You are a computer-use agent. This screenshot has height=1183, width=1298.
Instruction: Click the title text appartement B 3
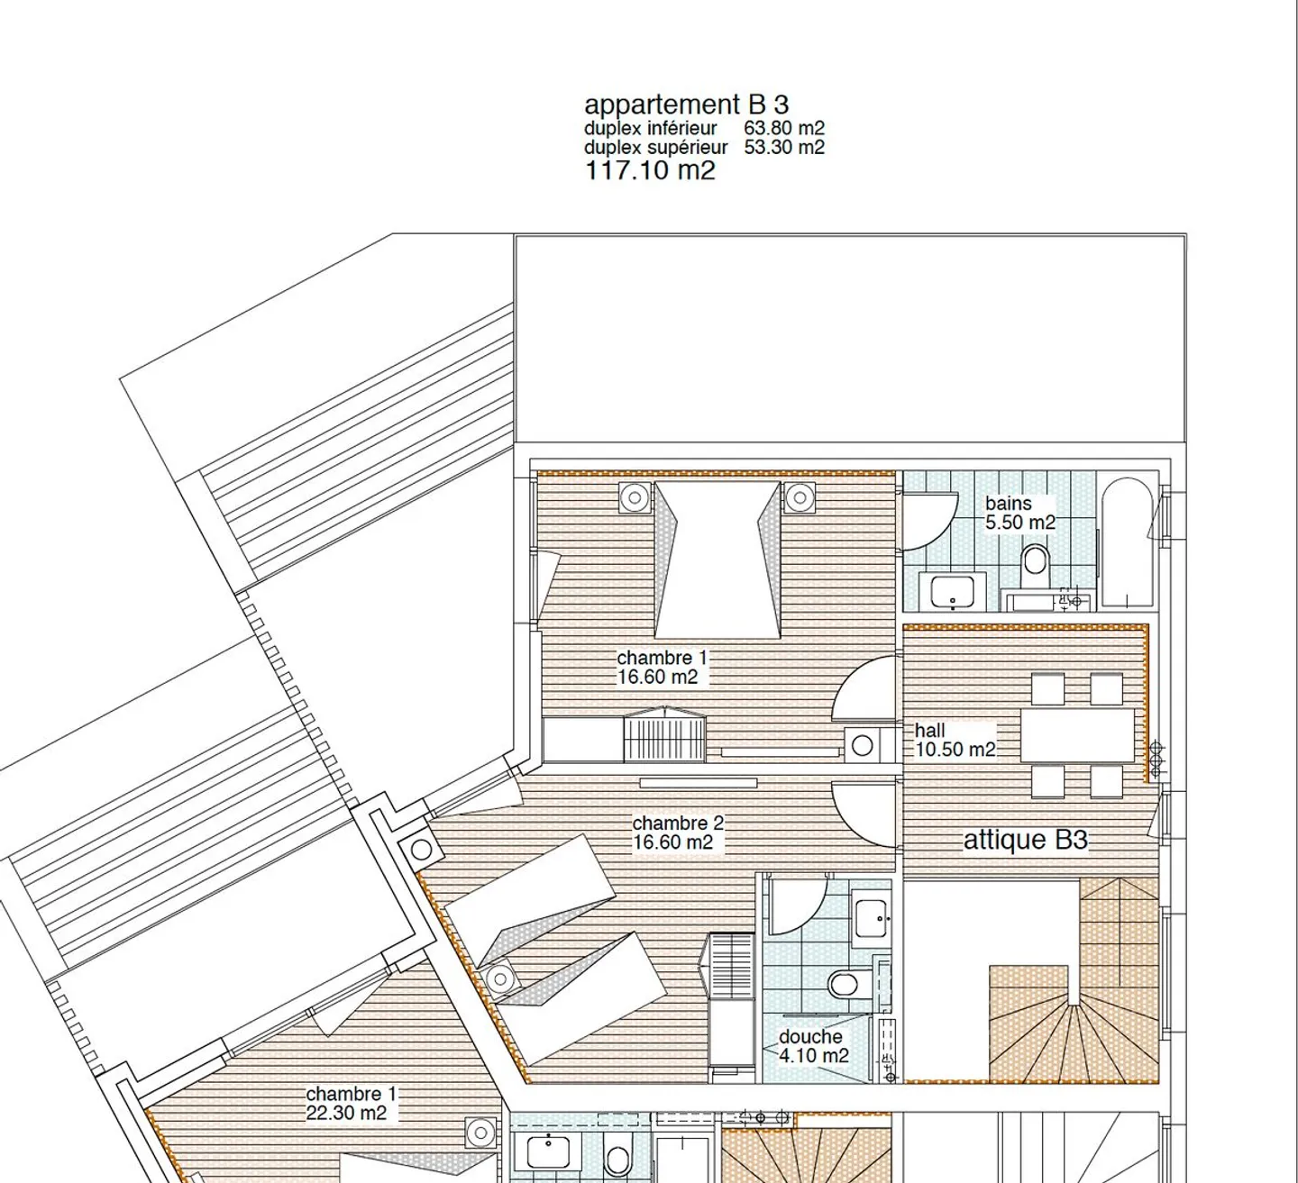(x=686, y=105)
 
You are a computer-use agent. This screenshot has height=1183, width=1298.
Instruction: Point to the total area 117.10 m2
(x=650, y=170)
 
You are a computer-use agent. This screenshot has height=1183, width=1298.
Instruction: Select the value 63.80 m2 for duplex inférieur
(x=783, y=129)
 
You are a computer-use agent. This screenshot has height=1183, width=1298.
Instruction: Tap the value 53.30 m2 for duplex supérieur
(x=783, y=148)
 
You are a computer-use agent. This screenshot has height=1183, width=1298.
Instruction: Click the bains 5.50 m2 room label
(x=1019, y=514)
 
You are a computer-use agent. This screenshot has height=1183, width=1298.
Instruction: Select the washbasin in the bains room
(x=952, y=593)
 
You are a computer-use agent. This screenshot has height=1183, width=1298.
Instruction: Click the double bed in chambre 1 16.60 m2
(x=717, y=559)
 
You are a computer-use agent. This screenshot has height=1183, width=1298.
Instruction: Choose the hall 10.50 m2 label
(x=954, y=740)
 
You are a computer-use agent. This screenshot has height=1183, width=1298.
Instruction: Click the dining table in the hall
(x=1077, y=735)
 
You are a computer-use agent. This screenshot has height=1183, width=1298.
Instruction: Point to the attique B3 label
(x=1025, y=841)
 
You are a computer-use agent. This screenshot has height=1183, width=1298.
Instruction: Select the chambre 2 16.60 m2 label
(x=676, y=833)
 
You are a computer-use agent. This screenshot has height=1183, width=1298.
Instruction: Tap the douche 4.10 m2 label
(x=812, y=1046)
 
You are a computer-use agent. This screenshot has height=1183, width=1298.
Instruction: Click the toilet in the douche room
(x=847, y=983)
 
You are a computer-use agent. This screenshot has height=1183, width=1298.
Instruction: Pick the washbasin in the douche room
(x=871, y=918)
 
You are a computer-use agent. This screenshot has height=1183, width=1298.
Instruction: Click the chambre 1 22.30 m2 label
(x=350, y=1103)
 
